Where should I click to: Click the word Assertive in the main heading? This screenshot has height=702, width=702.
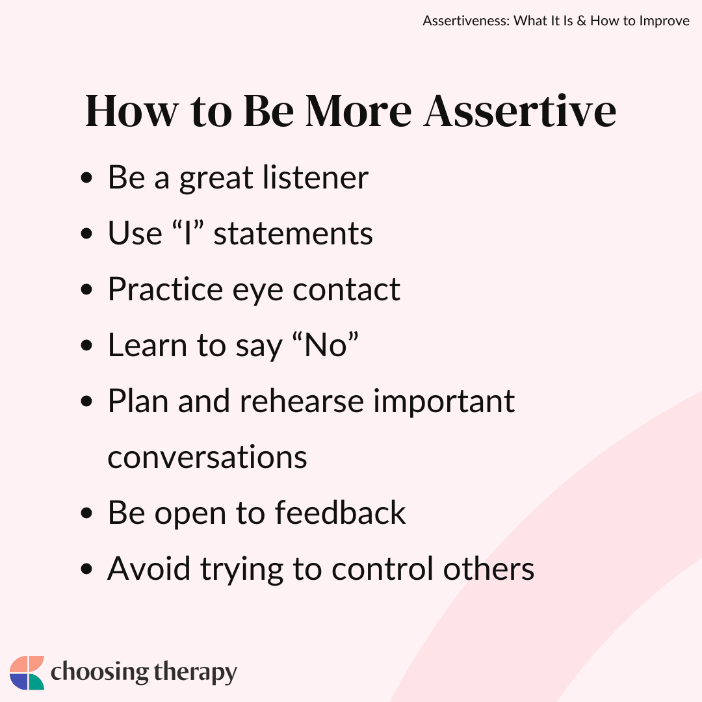(x=520, y=111)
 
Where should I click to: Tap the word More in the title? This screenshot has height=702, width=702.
(x=358, y=111)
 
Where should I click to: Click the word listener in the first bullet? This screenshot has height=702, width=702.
(x=315, y=177)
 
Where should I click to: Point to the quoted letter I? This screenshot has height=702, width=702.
(x=188, y=233)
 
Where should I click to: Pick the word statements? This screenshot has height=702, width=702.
(x=293, y=234)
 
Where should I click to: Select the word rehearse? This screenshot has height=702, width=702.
(x=302, y=400)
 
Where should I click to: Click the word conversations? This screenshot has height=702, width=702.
(x=207, y=457)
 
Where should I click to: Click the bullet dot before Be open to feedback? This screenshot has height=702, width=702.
(x=86, y=513)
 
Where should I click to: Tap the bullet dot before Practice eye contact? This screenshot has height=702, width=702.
(x=86, y=290)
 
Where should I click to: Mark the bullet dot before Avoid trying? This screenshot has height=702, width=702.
(x=86, y=569)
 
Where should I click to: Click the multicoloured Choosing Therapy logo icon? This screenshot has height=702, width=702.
(x=27, y=673)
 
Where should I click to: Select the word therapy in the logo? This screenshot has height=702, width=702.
(x=195, y=673)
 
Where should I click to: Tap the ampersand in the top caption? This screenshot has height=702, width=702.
(x=582, y=21)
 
